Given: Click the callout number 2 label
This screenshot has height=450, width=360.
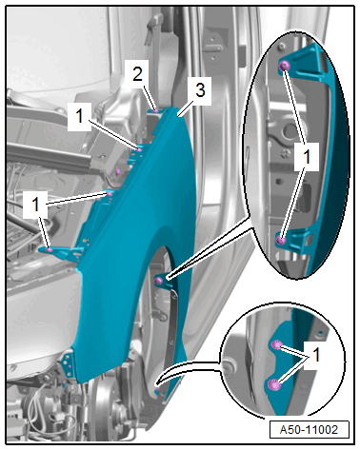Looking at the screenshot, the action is [x=137, y=74].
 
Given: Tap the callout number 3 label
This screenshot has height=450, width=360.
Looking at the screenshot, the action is [x=200, y=89].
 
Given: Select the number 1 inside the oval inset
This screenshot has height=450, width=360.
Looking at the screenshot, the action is [x=307, y=157].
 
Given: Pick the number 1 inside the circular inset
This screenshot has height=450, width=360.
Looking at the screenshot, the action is [x=316, y=355].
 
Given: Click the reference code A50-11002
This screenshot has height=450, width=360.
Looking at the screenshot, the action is [x=309, y=430].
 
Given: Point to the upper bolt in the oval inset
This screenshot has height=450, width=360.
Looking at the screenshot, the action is [x=285, y=66].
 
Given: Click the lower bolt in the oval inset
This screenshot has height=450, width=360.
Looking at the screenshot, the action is [x=281, y=240].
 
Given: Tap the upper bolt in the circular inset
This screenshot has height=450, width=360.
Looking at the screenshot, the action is [x=276, y=344].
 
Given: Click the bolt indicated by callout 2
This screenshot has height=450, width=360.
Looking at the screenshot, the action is [x=155, y=110].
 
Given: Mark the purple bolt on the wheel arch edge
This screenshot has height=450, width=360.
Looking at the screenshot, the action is [x=158, y=281].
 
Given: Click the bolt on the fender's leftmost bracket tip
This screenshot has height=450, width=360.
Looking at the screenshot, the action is [x=50, y=250].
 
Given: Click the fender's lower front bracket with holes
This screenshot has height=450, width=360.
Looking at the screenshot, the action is [x=69, y=364].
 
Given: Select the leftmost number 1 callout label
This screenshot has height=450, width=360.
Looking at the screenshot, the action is [x=35, y=205].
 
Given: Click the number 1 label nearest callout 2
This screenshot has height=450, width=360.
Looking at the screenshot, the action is [x=79, y=116].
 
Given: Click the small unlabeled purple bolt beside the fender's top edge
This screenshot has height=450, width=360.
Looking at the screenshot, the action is [x=118, y=172].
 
